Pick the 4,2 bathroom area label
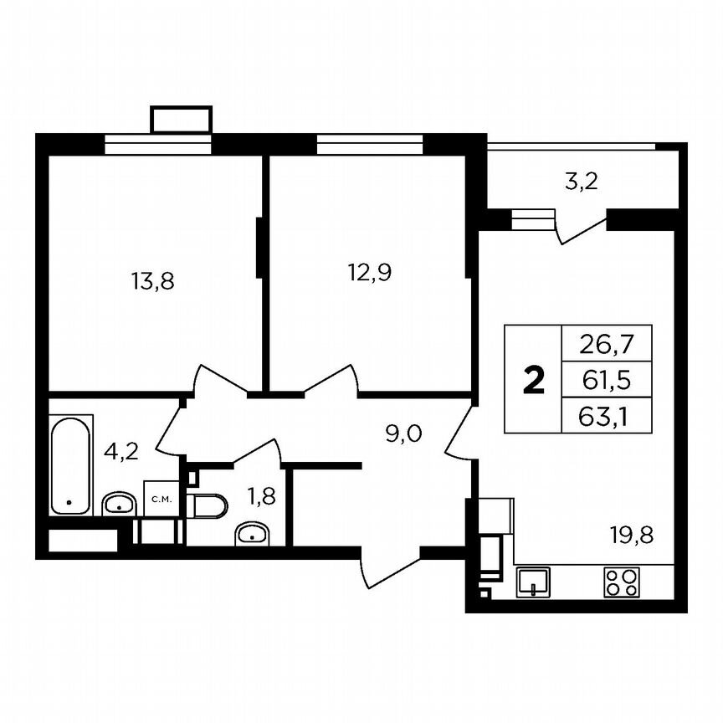pos(121,453)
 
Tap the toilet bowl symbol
pos(208,505)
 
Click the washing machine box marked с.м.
pos(161,500)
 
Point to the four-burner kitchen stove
pos(620,582)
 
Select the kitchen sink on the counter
pos(532,581)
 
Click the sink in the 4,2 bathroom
pos(119,504)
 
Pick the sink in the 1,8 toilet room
pos(252,533)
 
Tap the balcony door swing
pos(581,228)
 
